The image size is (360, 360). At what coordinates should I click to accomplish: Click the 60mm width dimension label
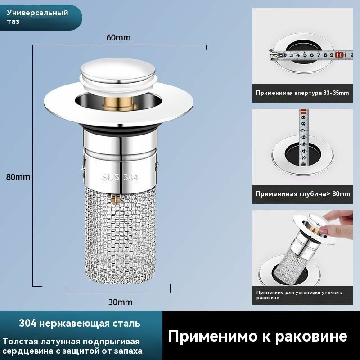(x=118, y=38)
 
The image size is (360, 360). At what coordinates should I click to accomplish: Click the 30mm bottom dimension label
(x=118, y=302)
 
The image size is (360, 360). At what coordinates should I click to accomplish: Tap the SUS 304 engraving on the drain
(x=120, y=177)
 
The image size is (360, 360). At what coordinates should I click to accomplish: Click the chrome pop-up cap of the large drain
(x=119, y=75)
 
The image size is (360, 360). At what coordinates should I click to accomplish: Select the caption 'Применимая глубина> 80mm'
(x=302, y=194)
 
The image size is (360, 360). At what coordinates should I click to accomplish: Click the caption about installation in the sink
(x=299, y=295)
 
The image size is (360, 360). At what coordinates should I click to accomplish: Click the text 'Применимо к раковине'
(x=257, y=336)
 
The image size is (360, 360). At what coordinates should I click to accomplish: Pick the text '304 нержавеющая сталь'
(x=80, y=324)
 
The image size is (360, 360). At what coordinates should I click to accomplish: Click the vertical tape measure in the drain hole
(x=303, y=135)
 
